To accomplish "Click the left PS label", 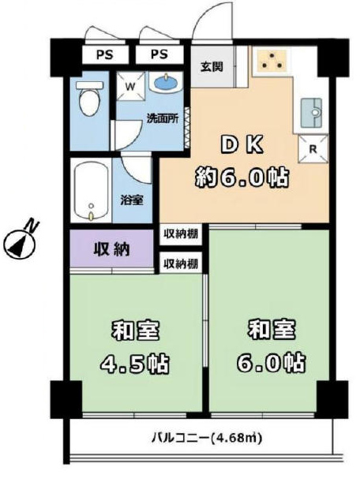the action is pyautogui.click(x=105, y=55).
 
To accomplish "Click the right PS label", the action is pyautogui.click(x=159, y=54).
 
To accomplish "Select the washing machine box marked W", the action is pyautogui.click(x=130, y=86).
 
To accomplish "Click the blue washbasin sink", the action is pyautogui.click(x=167, y=82).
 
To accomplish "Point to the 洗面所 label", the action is pyautogui.click(x=163, y=118).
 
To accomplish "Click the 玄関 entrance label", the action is pyautogui.click(x=212, y=66).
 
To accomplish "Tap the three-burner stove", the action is pyautogui.click(x=272, y=61).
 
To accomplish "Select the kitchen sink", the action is pyautogui.click(x=312, y=113).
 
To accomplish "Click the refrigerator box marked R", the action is pyautogui.click(x=313, y=149).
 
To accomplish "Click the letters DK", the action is pyautogui.click(x=242, y=146).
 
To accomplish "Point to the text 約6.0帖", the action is pyautogui.click(x=242, y=177).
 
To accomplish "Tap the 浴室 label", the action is pyautogui.click(x=132, y=200).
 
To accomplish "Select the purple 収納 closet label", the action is pyautogui.click(x=111, y=250).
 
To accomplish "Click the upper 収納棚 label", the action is pyautogui.click(x=181, y=234).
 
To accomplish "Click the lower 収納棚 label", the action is pyautogui.click(x=181, y=263).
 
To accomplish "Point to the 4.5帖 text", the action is pyautogui.click(x=135, y=364).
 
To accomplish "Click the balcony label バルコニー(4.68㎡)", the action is pyautogui.click(x=207, y=438).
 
